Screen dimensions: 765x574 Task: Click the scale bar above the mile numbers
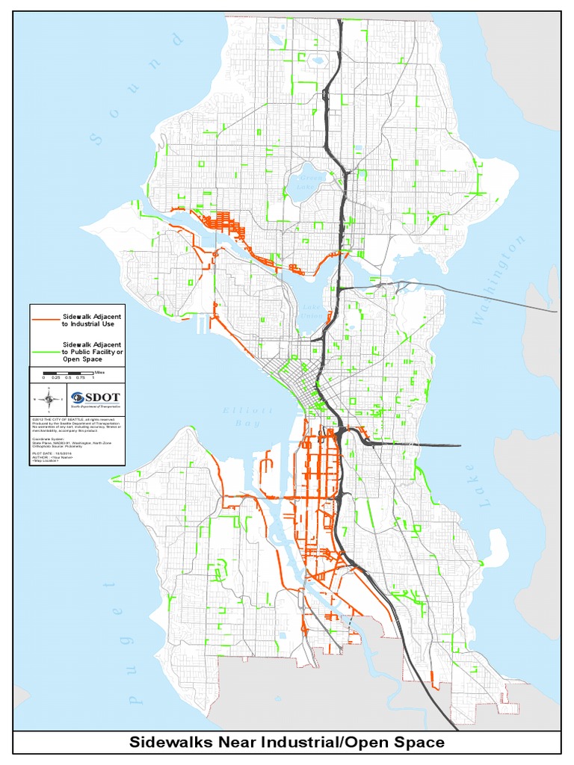point(67,372)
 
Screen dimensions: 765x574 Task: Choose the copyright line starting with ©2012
point(72,420)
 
